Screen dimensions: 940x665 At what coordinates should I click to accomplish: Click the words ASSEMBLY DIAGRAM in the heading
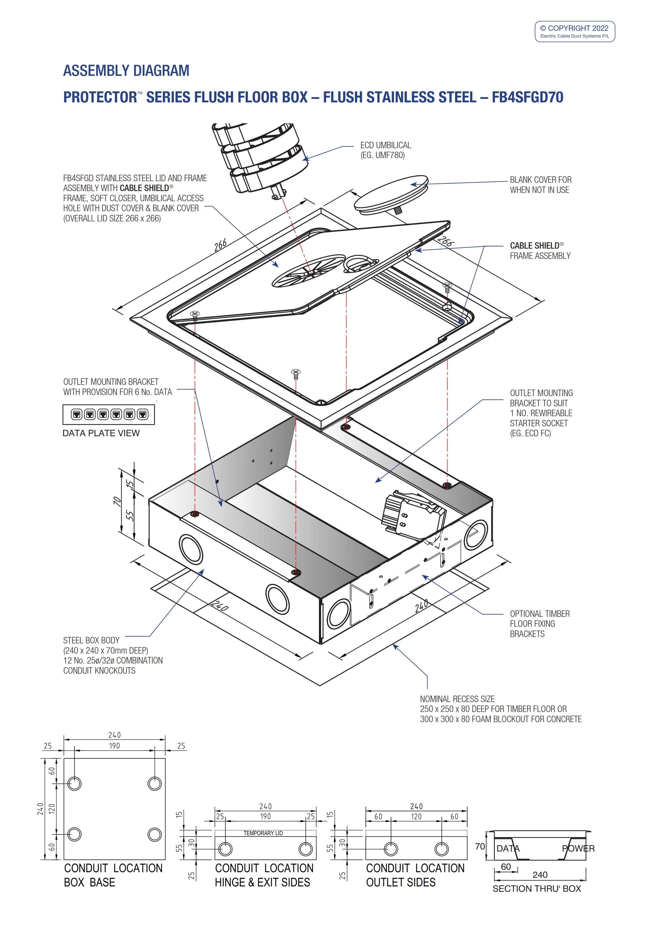click(126, 71)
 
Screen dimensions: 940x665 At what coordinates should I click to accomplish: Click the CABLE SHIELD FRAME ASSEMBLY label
click(540, 251)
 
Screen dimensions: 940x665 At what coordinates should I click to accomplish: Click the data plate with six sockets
click(109, 414)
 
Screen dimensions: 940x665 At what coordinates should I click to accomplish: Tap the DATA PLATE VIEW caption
click(101, 433)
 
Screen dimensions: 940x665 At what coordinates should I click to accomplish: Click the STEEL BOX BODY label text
click(91, 640)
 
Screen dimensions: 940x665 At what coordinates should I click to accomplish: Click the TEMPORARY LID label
click(263, 833)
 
